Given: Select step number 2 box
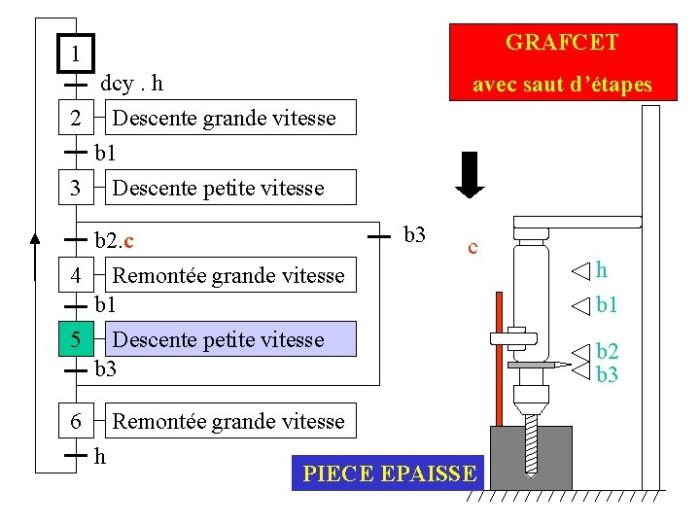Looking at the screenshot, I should pyautogui.click(x=76, y=119).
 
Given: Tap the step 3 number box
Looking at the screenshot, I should pyautogui.click(x=76, y=187).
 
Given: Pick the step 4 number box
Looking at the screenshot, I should pyautogui.click(x=76, y=275).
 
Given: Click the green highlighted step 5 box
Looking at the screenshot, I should pyautogui.click(x=76, y=339).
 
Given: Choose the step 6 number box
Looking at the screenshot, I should pyautogui.click(x=76, y=421).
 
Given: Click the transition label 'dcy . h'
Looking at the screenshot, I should pyautogui.click(x=131, y=84).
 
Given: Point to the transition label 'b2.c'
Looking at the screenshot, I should pyautogui.click(x=114, y=239).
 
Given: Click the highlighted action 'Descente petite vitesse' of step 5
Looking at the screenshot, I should pyautogui.click(x=218, y=339).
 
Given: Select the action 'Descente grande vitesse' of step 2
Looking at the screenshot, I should pyautogui.click(x=224, y=119).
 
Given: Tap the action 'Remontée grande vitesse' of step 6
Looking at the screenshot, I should pyautogui.click(x=228, y=421).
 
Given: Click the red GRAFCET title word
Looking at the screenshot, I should pyautogui.click(x=562, y=43).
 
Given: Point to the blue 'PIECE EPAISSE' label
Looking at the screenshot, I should pyautogui.click(x=389, y=473).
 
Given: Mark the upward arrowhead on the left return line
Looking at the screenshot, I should pyautogui.click(x=35, y=236).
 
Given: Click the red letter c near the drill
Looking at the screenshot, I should pyautogui.click(x=472, y=248).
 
